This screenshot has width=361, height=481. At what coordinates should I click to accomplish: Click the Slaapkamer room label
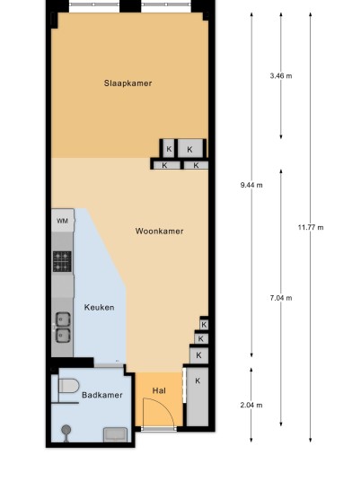tap(128, 83)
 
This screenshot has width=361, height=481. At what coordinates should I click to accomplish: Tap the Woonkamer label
tap(159, 231)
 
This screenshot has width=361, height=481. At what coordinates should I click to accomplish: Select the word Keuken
tap(99, 307)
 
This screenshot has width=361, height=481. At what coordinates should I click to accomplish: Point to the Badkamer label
tap(102, 395)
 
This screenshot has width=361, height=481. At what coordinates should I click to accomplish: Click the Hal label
tap(159, 390)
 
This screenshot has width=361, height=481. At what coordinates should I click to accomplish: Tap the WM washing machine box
tap(63, 220)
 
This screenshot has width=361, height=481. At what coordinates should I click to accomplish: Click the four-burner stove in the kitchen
tap(62, 261)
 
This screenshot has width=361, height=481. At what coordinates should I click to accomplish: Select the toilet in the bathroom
tap(69, 386)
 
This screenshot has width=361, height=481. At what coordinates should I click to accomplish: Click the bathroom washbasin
tap(115, 435)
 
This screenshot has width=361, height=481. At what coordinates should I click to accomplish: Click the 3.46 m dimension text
tap(281, 75)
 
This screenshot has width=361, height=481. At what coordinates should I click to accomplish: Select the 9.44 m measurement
tap(251, 185)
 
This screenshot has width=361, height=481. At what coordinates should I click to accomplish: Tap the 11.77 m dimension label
tap(311, 227)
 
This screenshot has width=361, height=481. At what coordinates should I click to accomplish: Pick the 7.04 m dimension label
tap(281, 298)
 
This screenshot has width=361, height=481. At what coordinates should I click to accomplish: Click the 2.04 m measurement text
tap(251, 406)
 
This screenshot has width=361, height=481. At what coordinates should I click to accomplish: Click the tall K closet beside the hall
tap(198, 397)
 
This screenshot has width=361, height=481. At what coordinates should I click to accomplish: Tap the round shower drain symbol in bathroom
tap(66, 430)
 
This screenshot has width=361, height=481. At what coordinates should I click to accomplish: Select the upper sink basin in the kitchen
tap(63, 319)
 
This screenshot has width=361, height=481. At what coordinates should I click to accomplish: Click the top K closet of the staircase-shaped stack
tap(204, 324)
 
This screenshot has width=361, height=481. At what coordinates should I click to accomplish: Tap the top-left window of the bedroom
tap(94, 4)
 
